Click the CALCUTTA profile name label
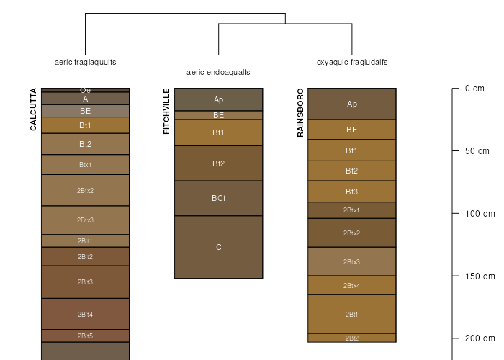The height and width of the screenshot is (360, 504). (33, 109)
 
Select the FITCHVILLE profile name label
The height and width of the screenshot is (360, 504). (167, 112)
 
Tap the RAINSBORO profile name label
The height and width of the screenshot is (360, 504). (300, 112)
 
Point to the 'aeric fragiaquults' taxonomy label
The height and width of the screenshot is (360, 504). (86, 62)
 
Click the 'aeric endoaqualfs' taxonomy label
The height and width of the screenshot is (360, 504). (218, 72)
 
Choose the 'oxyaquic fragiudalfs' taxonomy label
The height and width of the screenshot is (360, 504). (352, 62)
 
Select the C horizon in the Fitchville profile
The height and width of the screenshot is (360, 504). (218, 247)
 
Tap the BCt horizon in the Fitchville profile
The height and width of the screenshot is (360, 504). (218, 198)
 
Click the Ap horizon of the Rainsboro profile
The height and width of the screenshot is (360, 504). (352, 104)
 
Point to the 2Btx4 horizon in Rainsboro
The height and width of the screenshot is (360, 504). (352, 285)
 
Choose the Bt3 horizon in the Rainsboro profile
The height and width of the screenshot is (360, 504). (352, 192)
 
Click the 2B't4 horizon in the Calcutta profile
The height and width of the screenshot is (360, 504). (85, 314)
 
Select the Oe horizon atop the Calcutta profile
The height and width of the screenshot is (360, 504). (85, 90)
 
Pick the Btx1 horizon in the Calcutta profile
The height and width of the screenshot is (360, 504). (85, 165)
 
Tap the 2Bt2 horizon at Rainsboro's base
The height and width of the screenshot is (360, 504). (352, 338)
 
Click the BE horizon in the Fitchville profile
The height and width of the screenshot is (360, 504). (218, 115)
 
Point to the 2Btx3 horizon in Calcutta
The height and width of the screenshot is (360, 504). (85, 220)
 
